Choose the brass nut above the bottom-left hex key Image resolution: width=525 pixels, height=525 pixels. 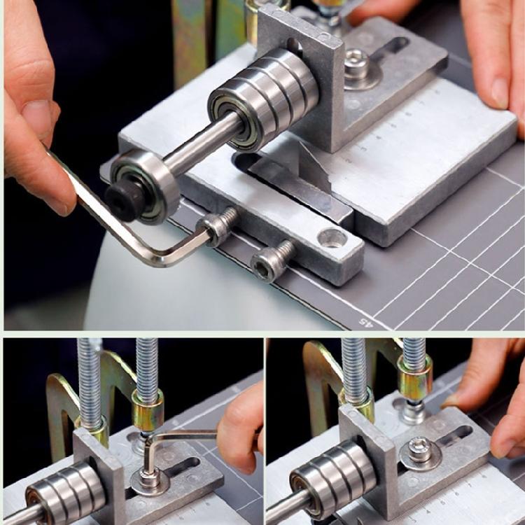point(148,409)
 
